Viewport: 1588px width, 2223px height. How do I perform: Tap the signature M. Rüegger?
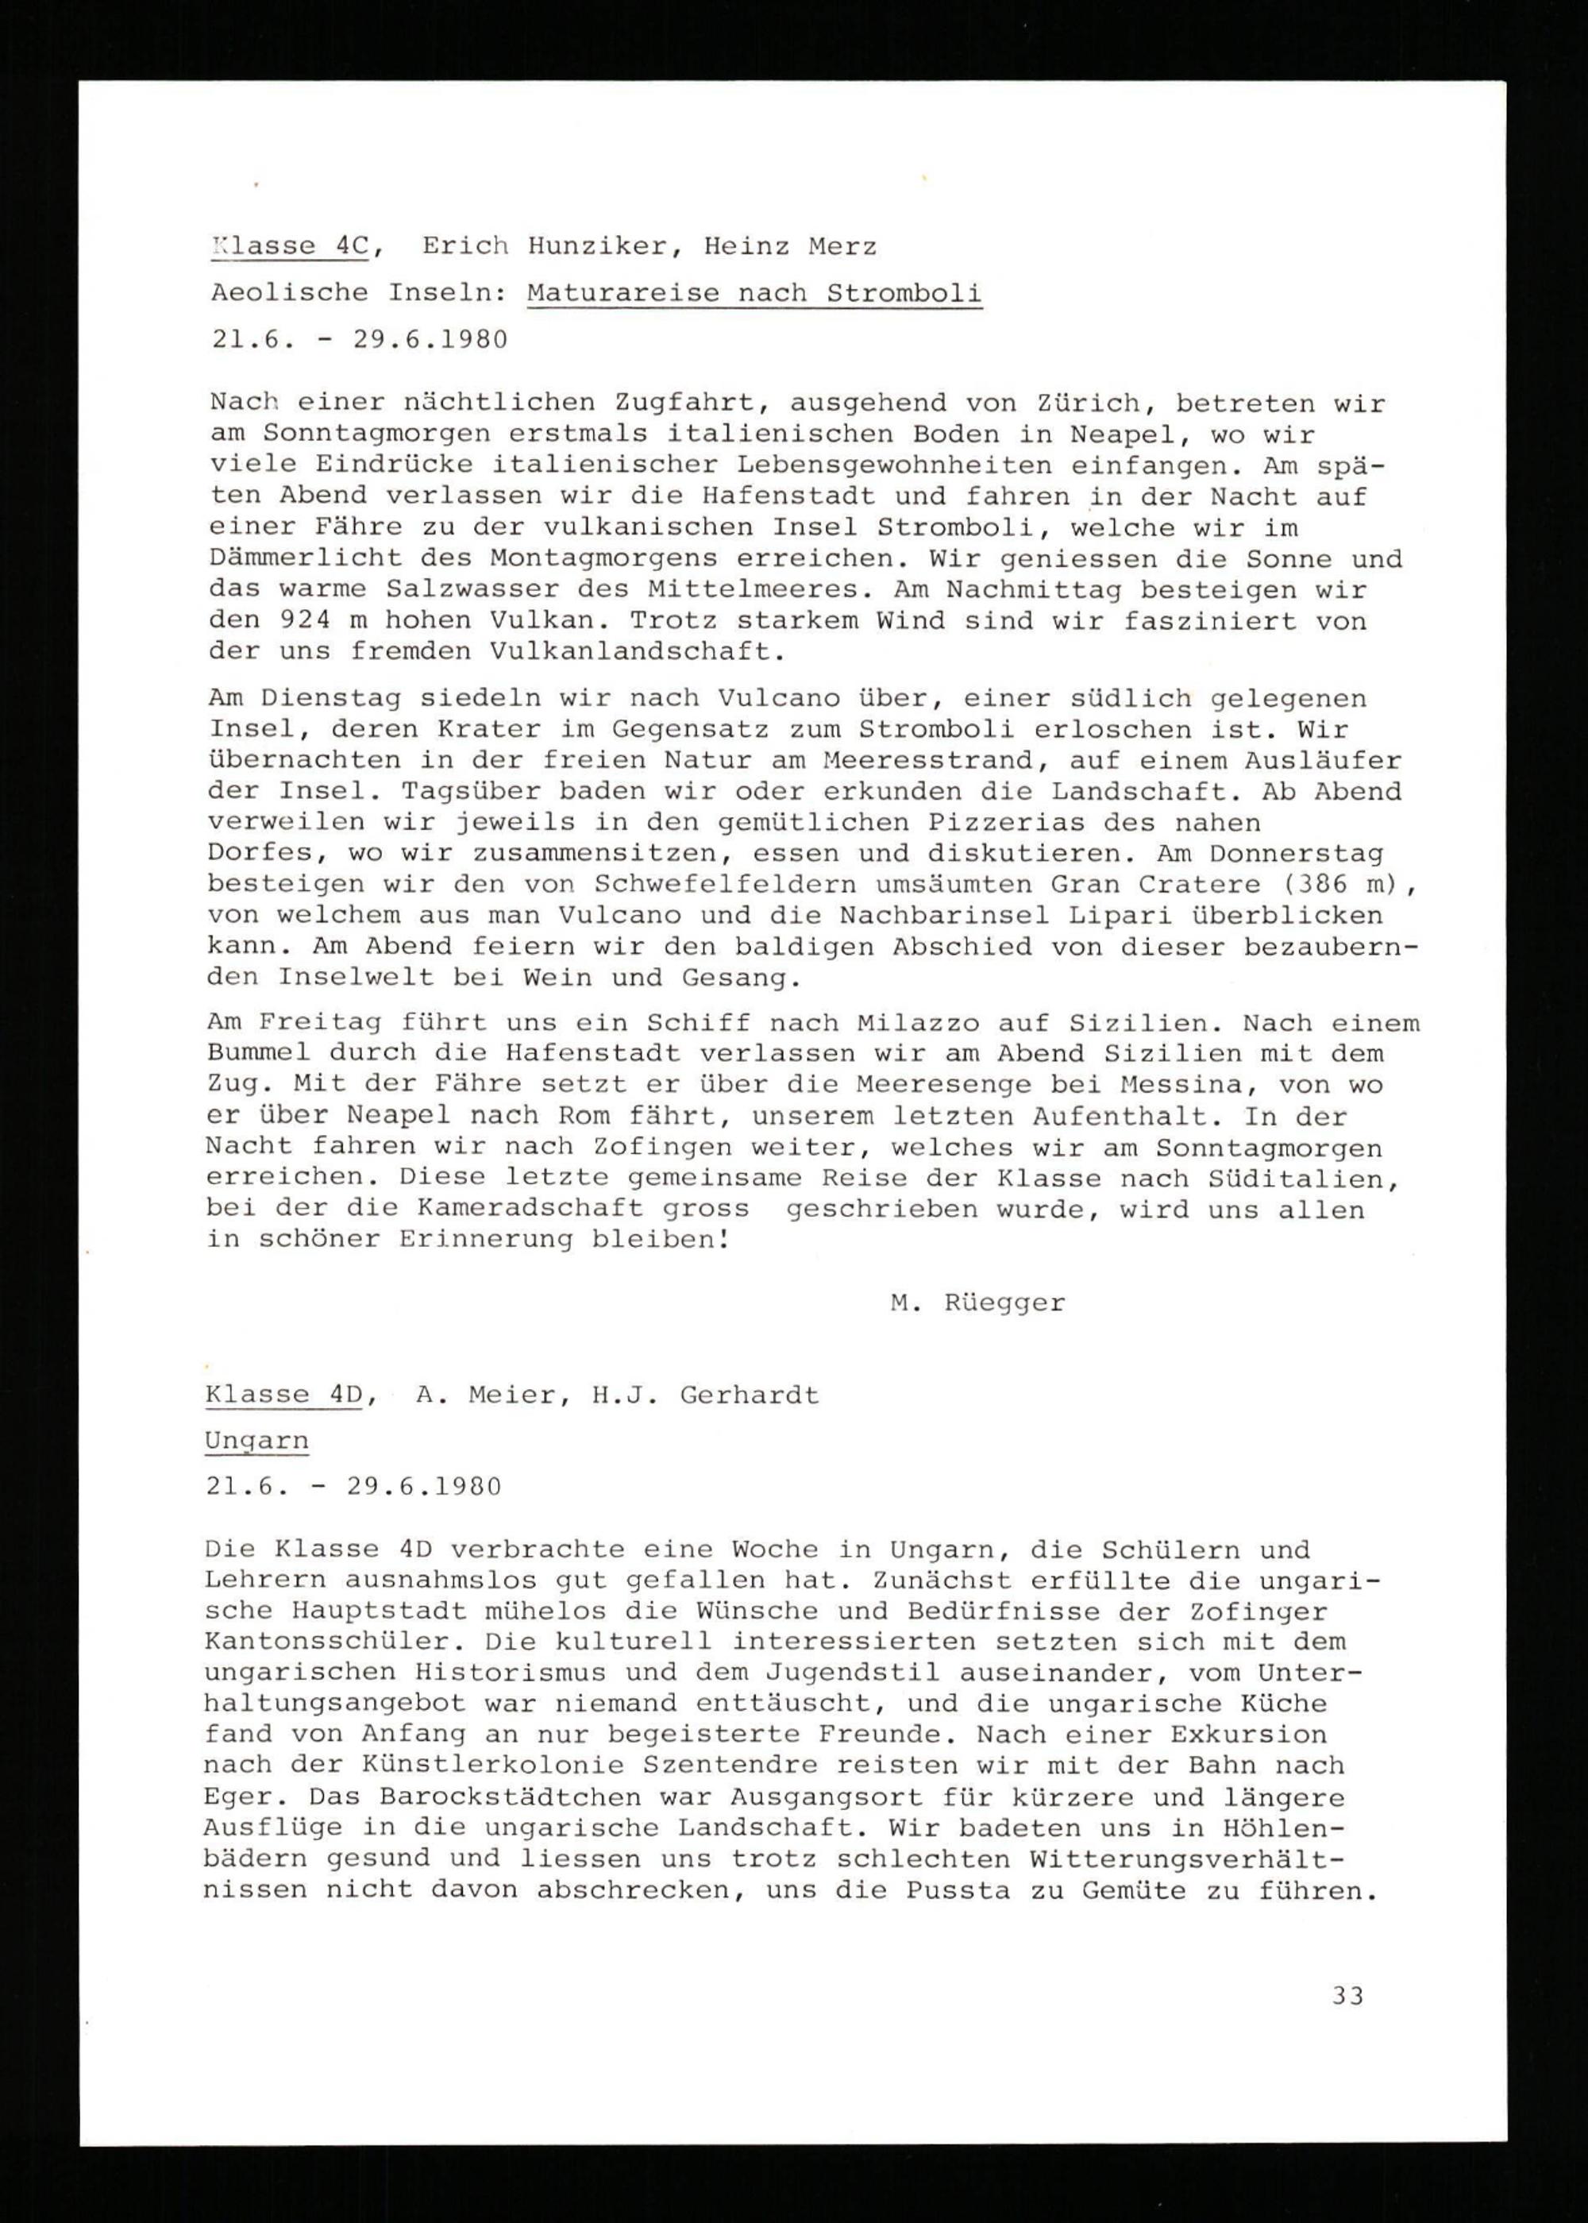(977, 1303)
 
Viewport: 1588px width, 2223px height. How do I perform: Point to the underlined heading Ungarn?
(256, 1441)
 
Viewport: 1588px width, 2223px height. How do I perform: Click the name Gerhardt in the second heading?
(748, 1395)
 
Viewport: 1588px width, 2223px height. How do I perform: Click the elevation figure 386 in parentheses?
(1310, 884)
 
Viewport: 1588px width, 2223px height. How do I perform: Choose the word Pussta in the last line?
(958, 1890)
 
